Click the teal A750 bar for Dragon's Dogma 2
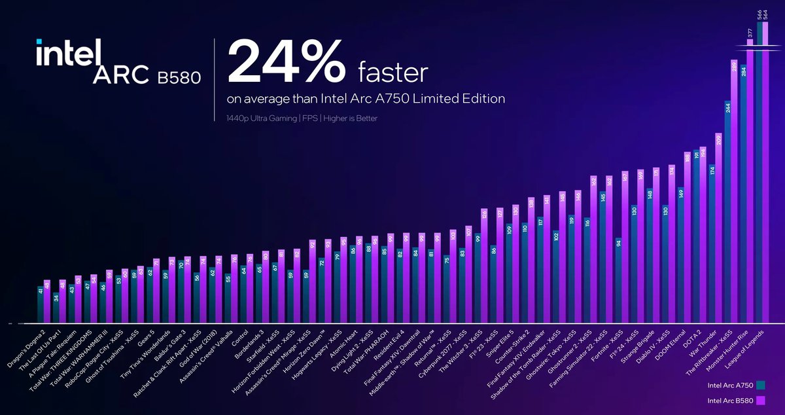[x=41, y=304]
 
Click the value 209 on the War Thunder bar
[x=718, y=139]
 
